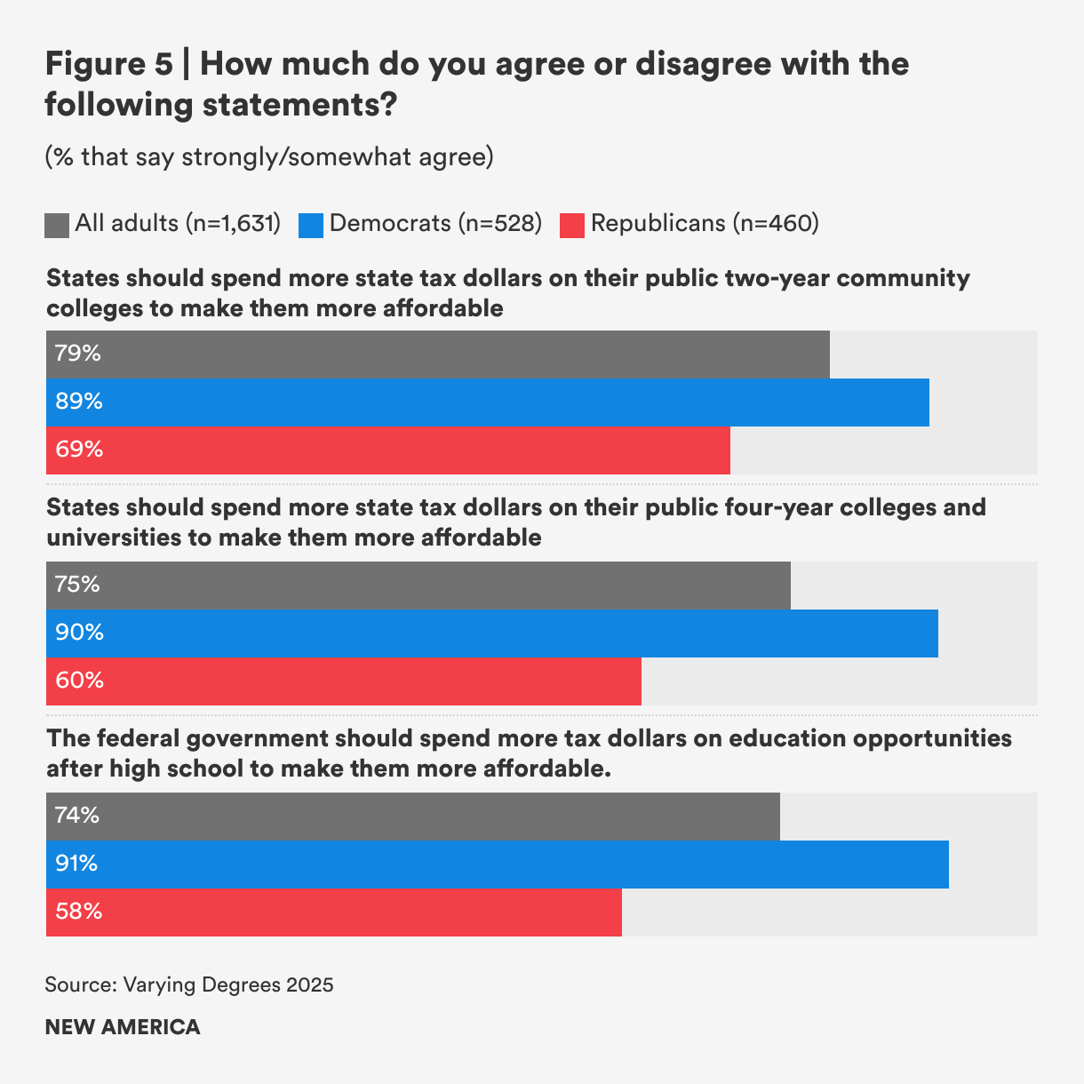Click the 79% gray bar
tap(437, 355)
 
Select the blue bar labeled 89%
tap(487, 403)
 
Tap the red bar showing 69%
tap(387, 450)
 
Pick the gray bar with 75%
tap(418, 586)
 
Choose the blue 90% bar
tap(491, 634)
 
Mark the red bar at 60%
tap(343, 681)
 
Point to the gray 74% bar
tap(412, 817)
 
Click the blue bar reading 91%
tap(497, 865)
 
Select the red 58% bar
tap(333, 913)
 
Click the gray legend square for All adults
tap(57, 225)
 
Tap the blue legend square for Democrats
tap(311, 225)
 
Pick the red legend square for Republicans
tap(572, 225)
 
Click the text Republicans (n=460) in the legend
tap(705, 223)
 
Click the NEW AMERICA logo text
tap(123, 1027)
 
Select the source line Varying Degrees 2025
tap(189, 984)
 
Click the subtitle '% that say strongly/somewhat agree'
tap(269, 157)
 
